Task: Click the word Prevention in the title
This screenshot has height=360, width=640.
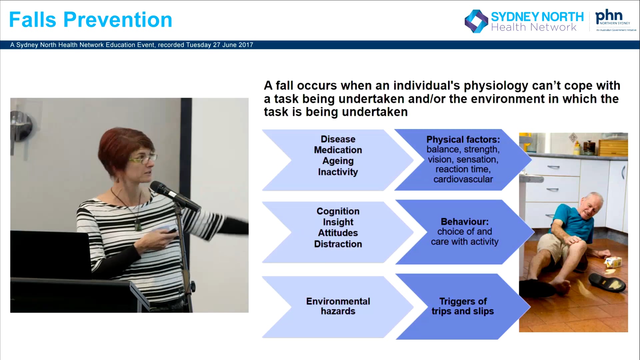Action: tap(118, 20)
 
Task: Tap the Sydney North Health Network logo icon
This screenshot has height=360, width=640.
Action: tap(476, 21)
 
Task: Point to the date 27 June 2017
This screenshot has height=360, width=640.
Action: tap(233, 45)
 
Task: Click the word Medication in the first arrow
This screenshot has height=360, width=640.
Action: tap(338, 150)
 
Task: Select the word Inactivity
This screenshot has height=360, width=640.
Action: tap(338, 172)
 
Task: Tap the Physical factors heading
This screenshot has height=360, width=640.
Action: tap(463, 139)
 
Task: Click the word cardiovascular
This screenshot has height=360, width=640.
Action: tap(463, 179)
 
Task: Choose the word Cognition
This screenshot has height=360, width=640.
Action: tap(338, 211)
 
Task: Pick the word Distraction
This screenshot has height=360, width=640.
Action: tap(338, 244)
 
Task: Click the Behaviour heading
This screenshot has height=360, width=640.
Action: tap(464, 222)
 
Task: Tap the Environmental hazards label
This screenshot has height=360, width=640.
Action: tap(338, 306)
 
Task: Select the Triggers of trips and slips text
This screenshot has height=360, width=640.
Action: tap(463, 306)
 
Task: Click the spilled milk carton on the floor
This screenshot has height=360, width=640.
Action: tap(614, 262)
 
